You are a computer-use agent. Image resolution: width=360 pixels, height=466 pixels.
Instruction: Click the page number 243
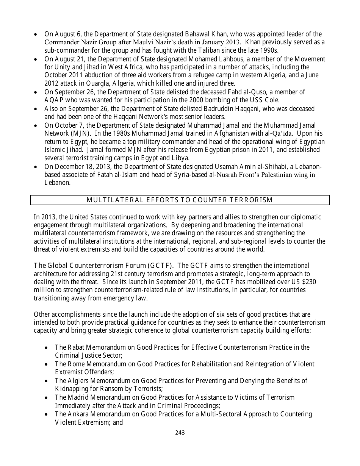[180, 432]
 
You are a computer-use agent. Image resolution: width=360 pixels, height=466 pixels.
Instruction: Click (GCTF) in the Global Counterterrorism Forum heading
[159, 265]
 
